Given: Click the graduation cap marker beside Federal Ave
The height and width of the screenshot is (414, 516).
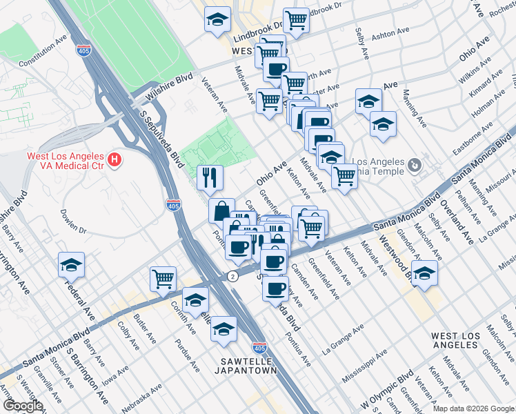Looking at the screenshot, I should [x=72, y=264].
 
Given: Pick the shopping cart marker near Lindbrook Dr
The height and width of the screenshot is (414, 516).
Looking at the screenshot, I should [x=296, y=19].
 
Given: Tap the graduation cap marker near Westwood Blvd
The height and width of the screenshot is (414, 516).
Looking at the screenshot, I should [x=424, y=272].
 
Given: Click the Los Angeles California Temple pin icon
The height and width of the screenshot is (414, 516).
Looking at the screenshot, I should [x=413, y=164].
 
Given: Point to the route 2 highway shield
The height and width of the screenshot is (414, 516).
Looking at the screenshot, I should [x=234, y=276].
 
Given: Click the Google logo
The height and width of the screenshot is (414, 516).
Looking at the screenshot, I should [x=23, y=406].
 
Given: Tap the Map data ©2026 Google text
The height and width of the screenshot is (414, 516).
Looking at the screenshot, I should [x=472, y=408].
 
